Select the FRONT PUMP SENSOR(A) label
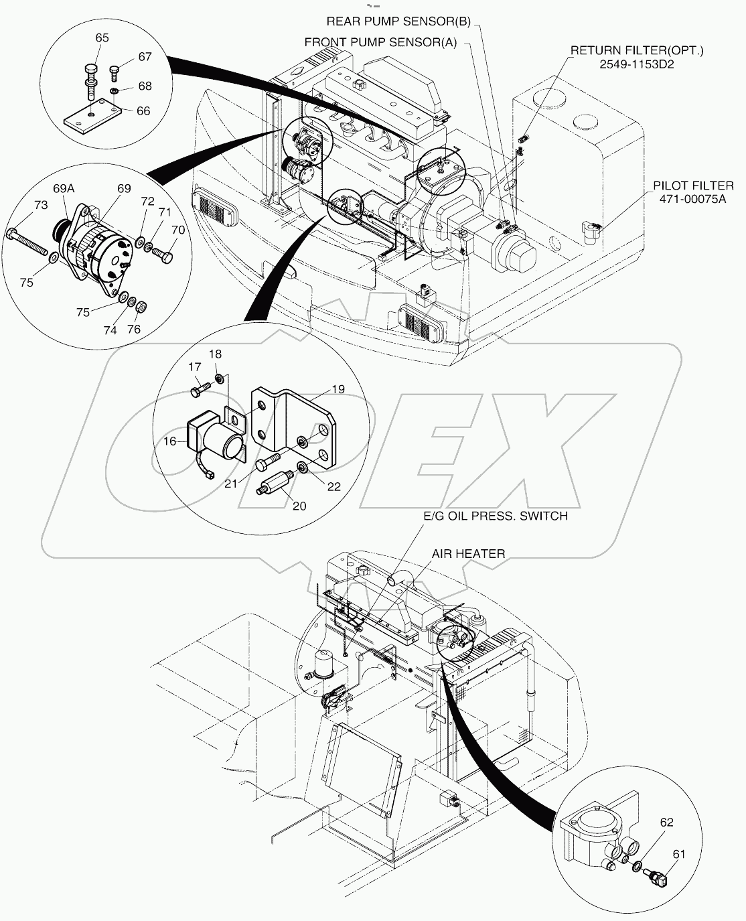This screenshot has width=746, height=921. coord(380,42)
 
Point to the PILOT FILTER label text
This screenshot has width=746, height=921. coord(693,185)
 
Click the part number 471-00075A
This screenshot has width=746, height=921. coord(693,198)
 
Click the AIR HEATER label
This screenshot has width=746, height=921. coord(468,553)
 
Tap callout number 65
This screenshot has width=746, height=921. coord(102,38)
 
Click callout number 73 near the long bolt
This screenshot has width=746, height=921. coord(41,205)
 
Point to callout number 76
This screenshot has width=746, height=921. coord(134,329)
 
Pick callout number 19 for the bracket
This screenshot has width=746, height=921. coord(338,388)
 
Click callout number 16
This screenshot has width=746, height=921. coord(170,441)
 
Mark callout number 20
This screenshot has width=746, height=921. coord(299,506)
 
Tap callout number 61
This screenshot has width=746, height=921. coord(679,853)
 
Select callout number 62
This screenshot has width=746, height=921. coord(666,822)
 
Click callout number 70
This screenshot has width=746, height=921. coord(177,230)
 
